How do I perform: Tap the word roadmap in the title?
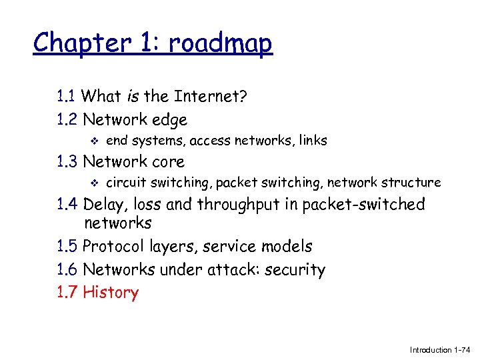[x=220, y=44]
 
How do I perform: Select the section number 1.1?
[x=67, y=97]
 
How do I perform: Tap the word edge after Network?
[x=169, y=120]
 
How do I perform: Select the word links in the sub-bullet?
[x=313, y=141]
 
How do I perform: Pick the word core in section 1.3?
[x=168, y=162]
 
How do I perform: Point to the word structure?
[x=413, y=183]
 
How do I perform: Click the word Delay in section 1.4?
[x=105, y=205]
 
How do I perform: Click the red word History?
[x=111, y=293]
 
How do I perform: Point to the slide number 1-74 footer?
[x=461, y=350]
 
